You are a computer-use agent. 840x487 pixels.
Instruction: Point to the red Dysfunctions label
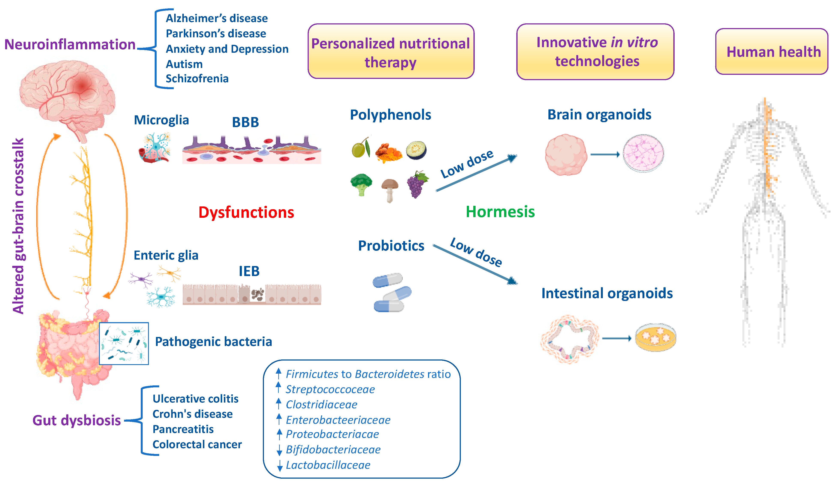(246, 212)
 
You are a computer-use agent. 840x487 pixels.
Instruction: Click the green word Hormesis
(500, 212)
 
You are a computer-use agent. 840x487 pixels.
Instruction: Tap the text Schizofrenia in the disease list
(197, 79)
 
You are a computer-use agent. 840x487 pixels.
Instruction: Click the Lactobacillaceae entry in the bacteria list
(328, 465)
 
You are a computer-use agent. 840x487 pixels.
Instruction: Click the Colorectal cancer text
(197, 444)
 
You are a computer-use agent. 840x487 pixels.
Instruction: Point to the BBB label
(245, 122)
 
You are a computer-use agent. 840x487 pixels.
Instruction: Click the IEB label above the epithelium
(249, 271)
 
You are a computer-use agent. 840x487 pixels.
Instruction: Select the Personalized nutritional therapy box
(391, 52)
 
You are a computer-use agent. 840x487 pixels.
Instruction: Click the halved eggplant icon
(416, 150)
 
